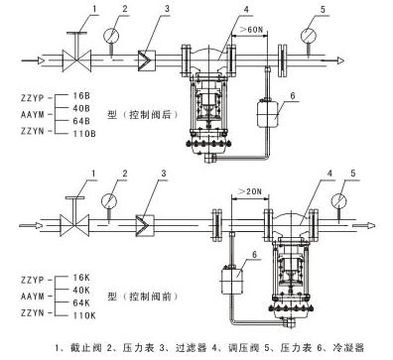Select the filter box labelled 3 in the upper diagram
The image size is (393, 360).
(x=145, y=60)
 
